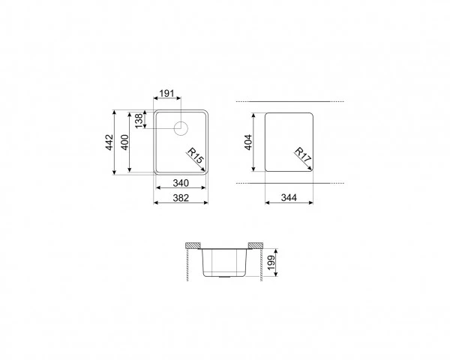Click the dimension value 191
click(166, 93)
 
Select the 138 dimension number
click(139, 121)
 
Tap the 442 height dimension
click(109, 142)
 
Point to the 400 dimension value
click(124, 142)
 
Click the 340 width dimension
click(181, 183)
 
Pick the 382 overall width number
click(181, 198)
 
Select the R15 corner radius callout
click(196, 155)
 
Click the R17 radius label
click(303, 155)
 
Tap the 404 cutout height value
click(248, 142)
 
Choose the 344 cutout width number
click(289, 197)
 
